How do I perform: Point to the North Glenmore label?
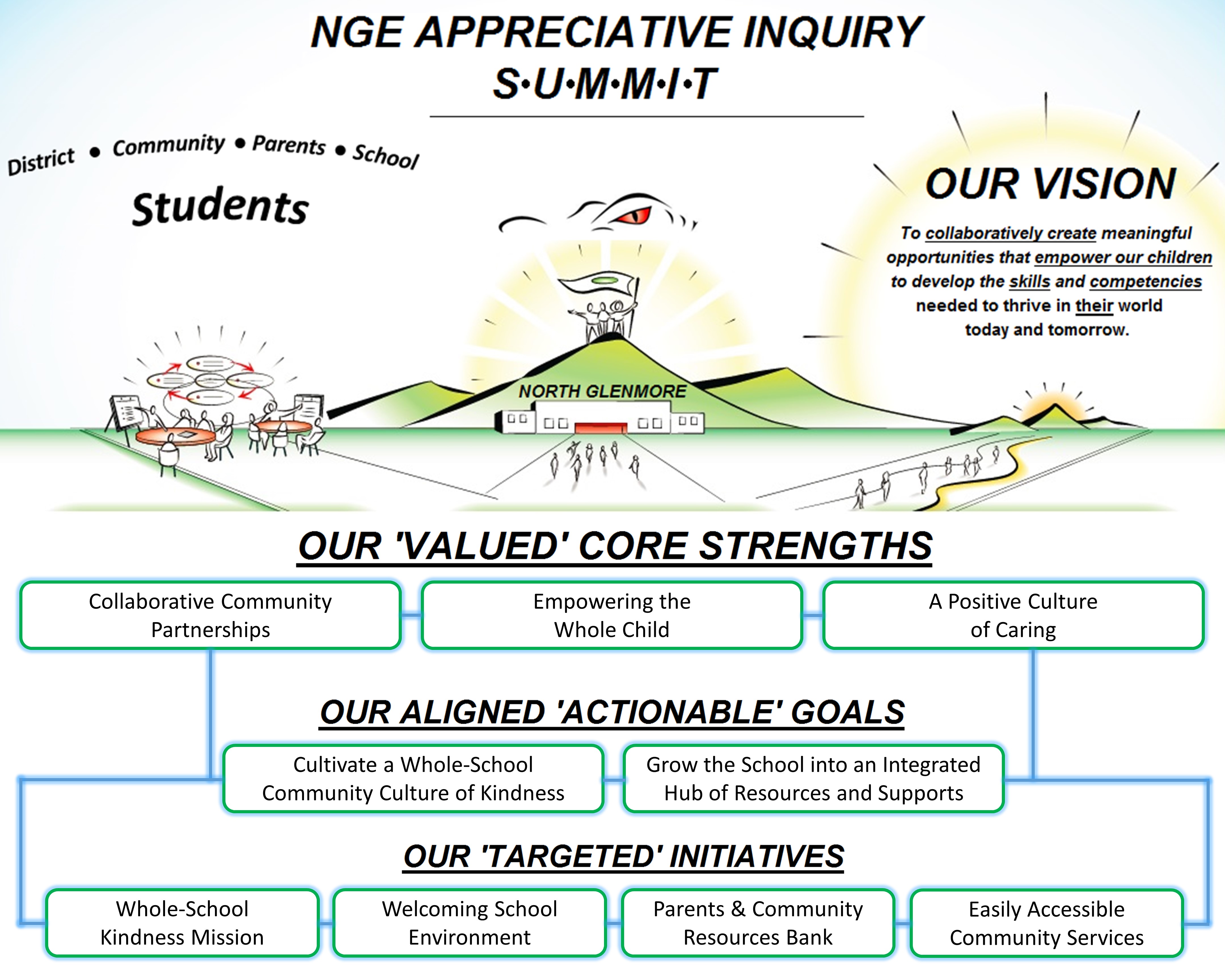point(602,391)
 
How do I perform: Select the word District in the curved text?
point(41,161)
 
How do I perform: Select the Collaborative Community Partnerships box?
point(210,615)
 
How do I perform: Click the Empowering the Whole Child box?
point(612,615)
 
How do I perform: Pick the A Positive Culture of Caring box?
point(1013,615)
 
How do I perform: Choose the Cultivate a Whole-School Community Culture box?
point(413,778)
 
